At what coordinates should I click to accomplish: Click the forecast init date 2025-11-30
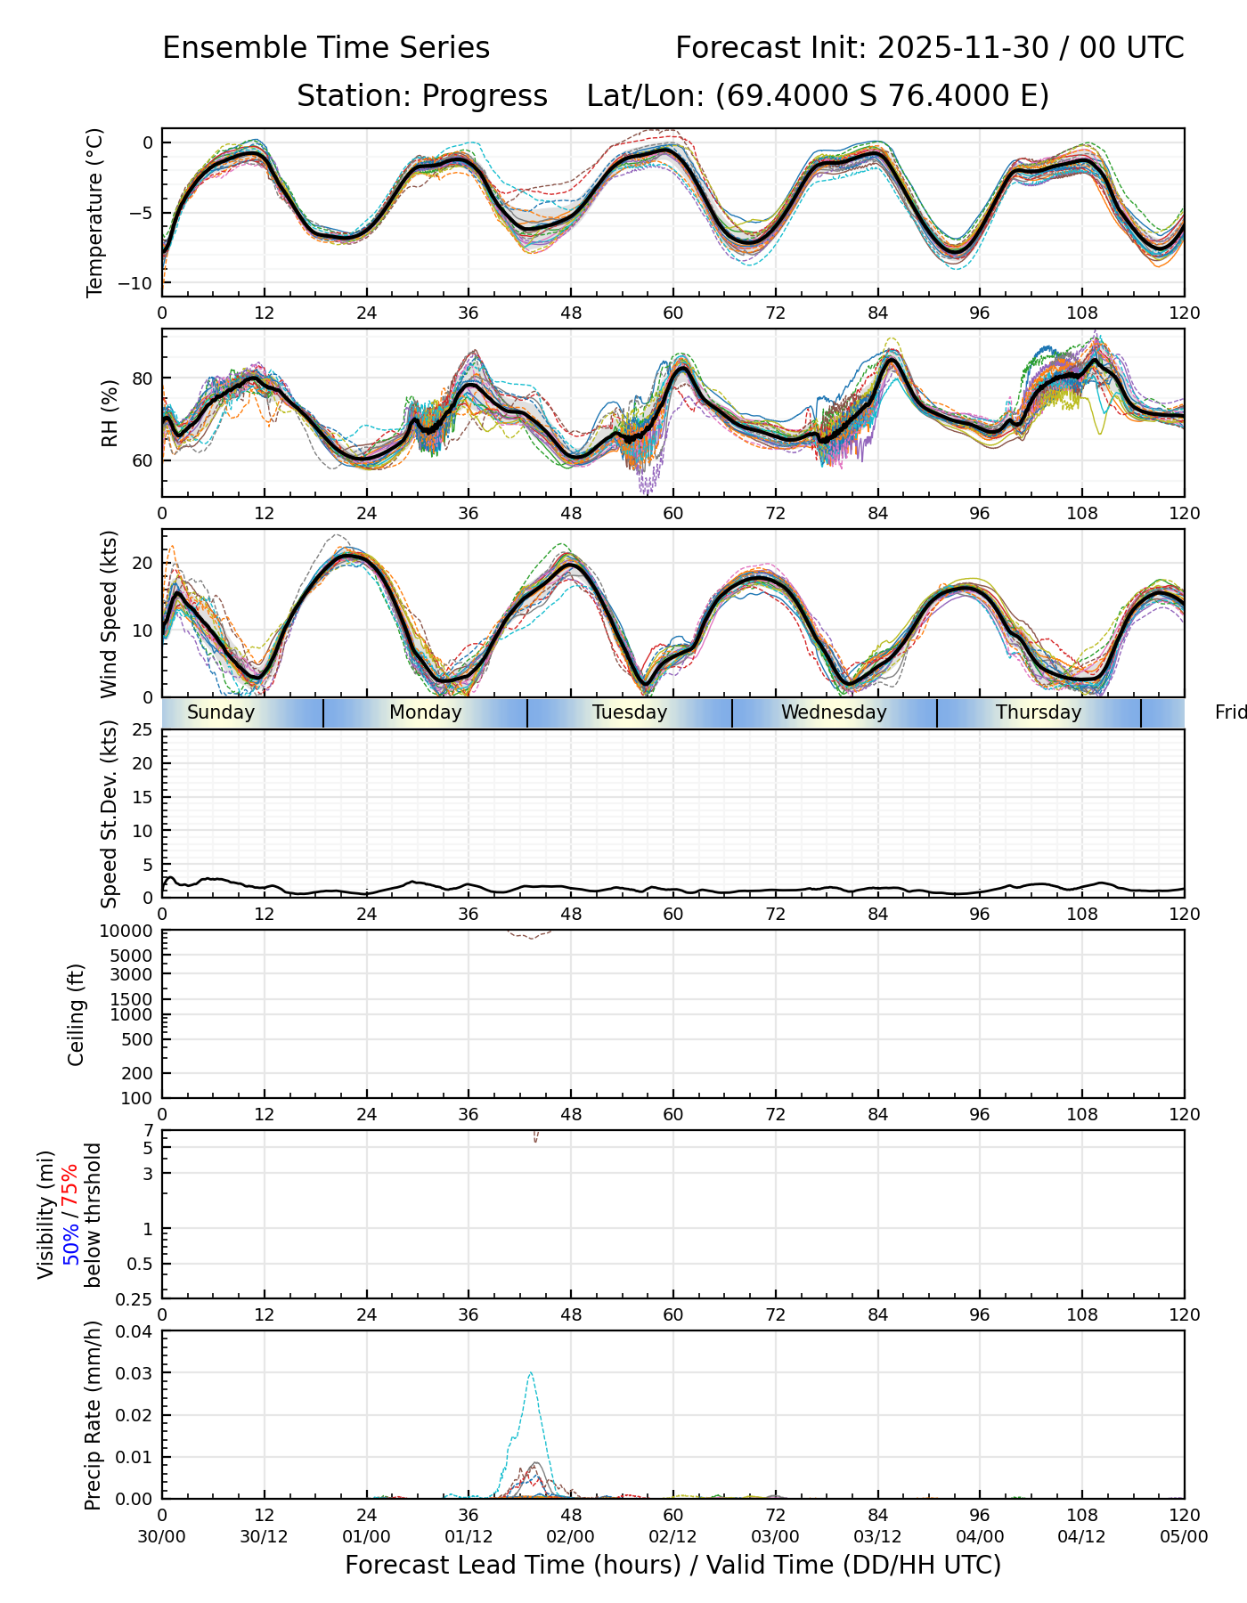(963, 48)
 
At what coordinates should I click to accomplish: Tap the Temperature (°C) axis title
(94, 212)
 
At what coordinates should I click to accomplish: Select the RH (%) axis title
(110, 413)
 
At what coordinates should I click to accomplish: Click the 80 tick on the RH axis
(143, 378)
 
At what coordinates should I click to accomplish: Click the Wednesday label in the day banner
(834, 712)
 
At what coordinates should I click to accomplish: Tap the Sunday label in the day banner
(221, 712)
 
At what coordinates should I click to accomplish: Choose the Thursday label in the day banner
(1039, 712)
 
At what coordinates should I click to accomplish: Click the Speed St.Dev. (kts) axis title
(110, 814)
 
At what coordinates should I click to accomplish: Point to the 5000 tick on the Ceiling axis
(134, 956)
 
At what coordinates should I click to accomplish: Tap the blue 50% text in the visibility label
(71, 1242)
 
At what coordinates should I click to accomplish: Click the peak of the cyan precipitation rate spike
(531, 1372)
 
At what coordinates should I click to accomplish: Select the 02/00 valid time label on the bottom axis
(570, 1537)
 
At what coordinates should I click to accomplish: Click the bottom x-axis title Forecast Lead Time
(672, 1566)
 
